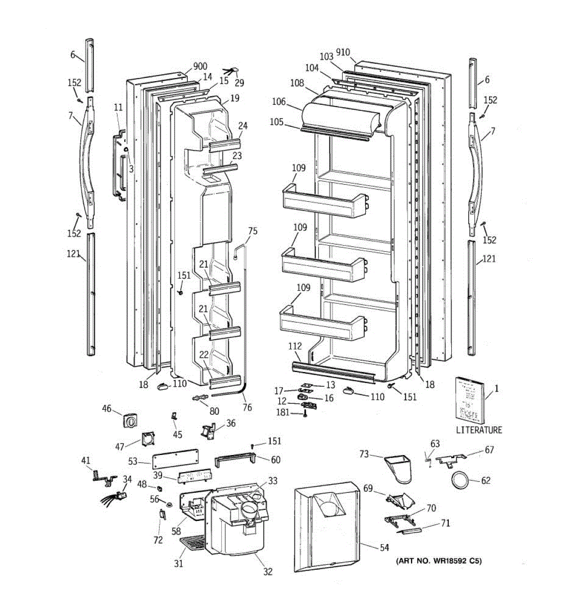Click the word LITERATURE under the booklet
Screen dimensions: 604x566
click(479, 430)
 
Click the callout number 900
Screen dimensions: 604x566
click(200, 66)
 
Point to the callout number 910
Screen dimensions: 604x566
click(343, 52)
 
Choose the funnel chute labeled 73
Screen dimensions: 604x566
click(400, 466)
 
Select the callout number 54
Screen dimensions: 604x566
click(384, 547)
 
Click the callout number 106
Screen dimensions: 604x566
click(279, 102)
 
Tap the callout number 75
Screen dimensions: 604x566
click(253, 231)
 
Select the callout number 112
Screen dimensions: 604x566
click(295, 346)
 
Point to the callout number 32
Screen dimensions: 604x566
click(268, 571)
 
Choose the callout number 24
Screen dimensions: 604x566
click(243, 126)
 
